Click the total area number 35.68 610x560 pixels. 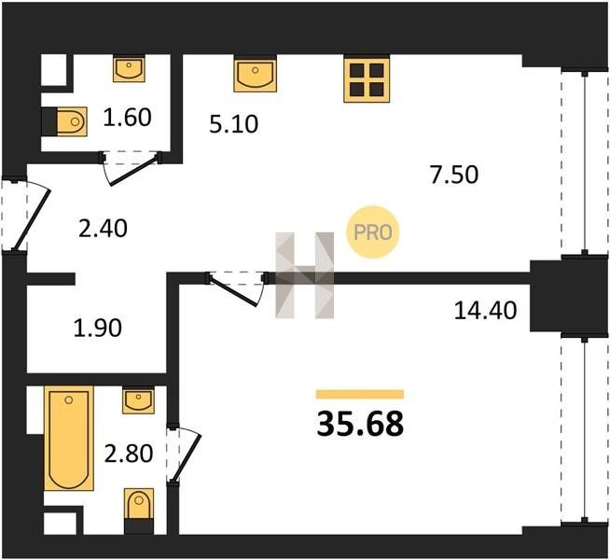click(360, 424)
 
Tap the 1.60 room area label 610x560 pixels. click(127, 118)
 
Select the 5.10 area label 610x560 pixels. click(233, 124)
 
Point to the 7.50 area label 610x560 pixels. click(454, 175)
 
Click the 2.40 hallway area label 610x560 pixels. click(103, 229)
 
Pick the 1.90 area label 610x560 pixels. click(98, 328)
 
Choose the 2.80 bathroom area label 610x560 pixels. click(129, 454)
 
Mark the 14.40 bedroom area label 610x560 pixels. click(486, 311)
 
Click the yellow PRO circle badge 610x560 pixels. click(373, 232)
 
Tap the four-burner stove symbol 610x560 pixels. click(367, 80)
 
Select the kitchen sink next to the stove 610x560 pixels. click(256, 75)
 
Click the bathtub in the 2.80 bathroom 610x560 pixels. click(69, 438)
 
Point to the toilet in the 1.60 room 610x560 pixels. click(72, 122)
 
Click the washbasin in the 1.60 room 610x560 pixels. click(129, 69)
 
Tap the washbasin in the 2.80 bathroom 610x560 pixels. click(138, 400)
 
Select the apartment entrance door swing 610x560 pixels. click(33, 220)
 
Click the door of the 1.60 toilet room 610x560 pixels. click(132, 170)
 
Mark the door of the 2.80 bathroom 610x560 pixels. click(185, 455)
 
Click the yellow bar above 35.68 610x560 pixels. click(360, 395)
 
